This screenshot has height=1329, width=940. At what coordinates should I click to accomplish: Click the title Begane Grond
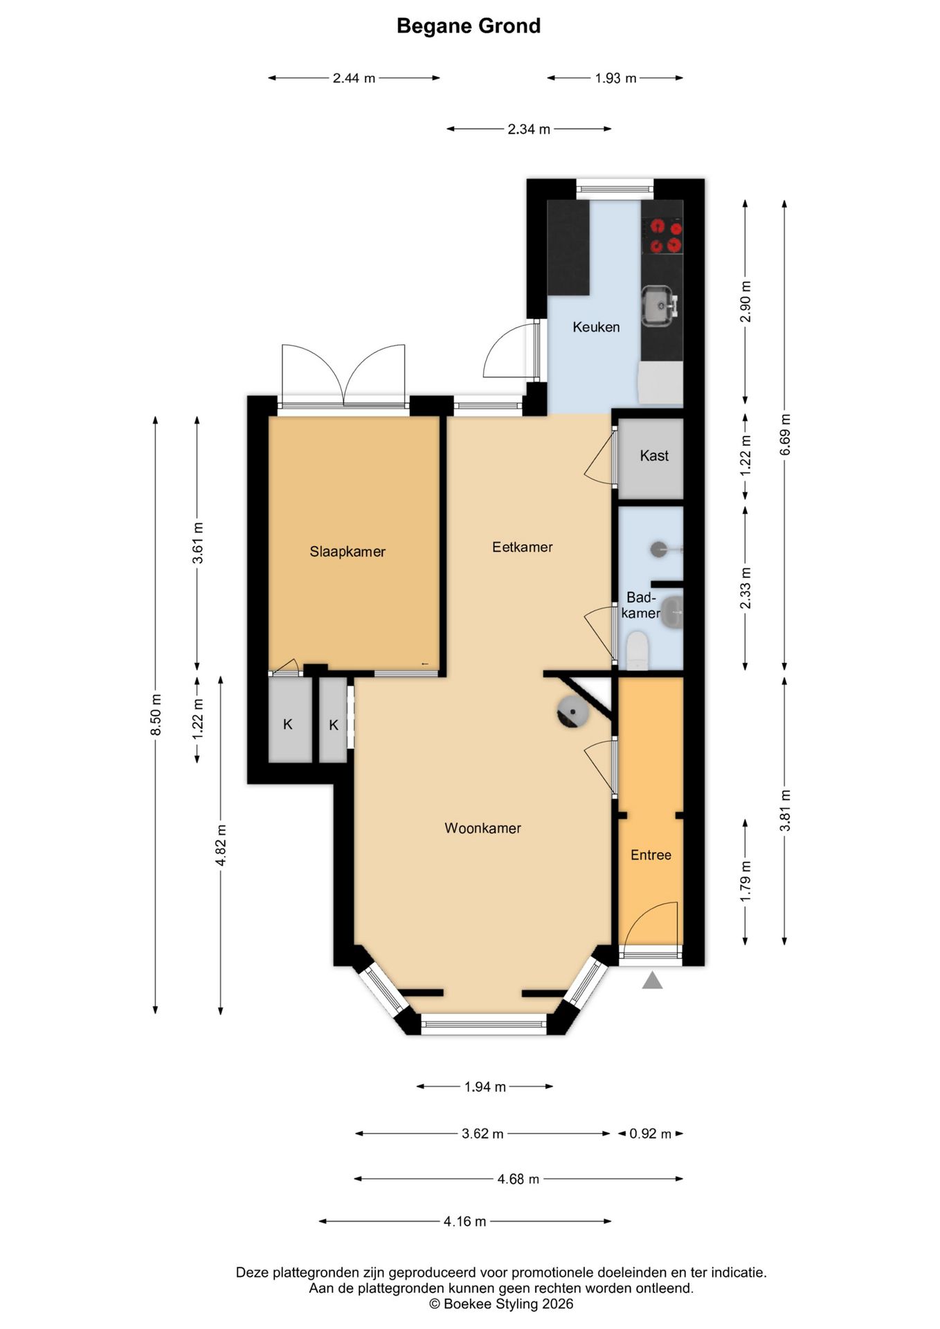click(469, 26)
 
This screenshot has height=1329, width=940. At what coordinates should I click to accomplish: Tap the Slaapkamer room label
click(347, 552)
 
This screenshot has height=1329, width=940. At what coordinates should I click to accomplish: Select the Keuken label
click(596, 327)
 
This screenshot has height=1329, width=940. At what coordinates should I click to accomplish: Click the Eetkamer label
click(523, 547)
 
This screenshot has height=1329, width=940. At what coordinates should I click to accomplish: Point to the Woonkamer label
click(482, 828)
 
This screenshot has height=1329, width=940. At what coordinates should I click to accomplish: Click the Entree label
click(651, 855)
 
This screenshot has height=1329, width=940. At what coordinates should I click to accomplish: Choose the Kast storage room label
click(654, 455)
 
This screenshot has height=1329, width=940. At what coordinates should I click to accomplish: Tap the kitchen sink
click(659, 305)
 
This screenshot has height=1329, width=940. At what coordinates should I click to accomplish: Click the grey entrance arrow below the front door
click(652, 980)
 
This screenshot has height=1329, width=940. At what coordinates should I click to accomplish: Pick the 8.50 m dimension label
click(156, 715)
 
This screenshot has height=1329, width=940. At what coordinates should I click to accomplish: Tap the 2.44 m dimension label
click(354, 78)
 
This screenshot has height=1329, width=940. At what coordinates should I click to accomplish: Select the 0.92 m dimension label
click(650, 1134)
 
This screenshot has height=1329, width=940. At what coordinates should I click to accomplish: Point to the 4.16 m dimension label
click(464, 1222)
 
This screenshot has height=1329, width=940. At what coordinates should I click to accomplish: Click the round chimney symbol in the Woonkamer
click(573, 712)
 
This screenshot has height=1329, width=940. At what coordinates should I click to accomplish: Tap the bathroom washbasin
click(671, 612)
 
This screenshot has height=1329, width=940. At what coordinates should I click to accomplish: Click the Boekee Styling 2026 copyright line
click(502, 1304)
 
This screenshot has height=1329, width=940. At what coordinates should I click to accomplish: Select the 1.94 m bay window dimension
click(485, 1087)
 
